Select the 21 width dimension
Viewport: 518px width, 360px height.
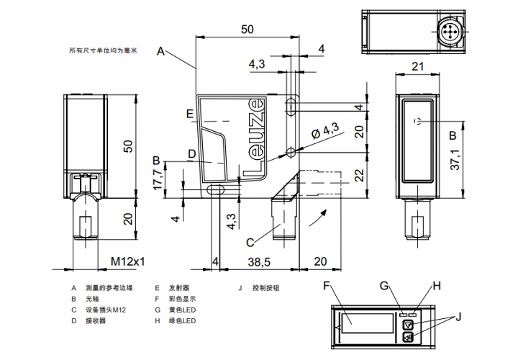(418, 66)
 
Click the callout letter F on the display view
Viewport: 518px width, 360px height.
(327, 287)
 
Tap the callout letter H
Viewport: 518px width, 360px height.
(436, 286)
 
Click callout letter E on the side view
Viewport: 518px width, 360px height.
(189, 114)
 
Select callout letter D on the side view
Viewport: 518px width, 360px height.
(192, 153)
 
